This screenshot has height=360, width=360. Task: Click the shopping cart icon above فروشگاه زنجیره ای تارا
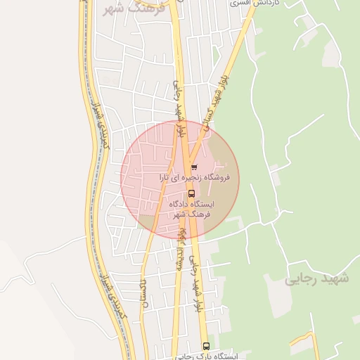tap(194, 167)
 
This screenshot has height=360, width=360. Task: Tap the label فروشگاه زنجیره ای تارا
tap(200, 179)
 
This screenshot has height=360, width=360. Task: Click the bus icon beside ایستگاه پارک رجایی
tap(206, 346)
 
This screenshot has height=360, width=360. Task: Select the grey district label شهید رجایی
tap(316, 279)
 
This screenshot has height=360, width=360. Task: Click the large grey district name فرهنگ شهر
tap(133, 8)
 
